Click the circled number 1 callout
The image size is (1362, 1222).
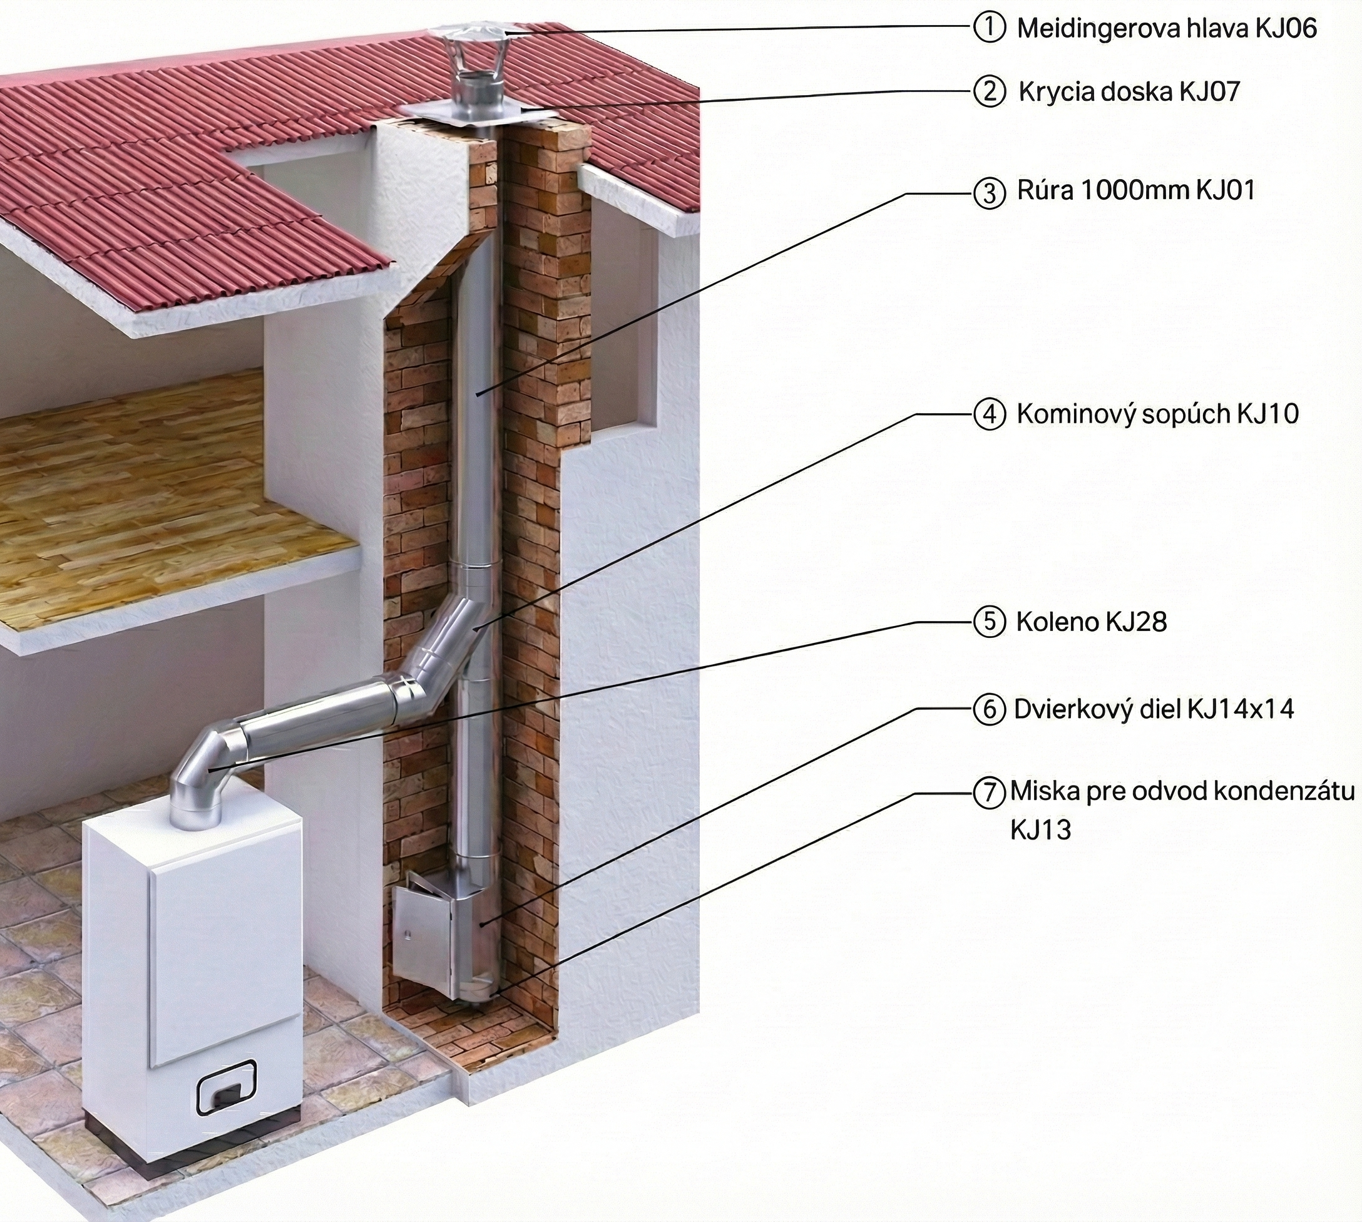[990, 28]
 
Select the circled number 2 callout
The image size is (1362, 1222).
[990, 91]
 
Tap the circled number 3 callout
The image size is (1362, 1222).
[990, 193]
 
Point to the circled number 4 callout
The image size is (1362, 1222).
[990, 414]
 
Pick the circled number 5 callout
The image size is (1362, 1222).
[990, 622]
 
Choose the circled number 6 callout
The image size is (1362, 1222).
[990, 710]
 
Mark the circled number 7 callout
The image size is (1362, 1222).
[990, 793]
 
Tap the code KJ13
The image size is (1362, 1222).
[1040, 831]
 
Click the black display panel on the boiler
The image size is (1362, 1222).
[226, 1087]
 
